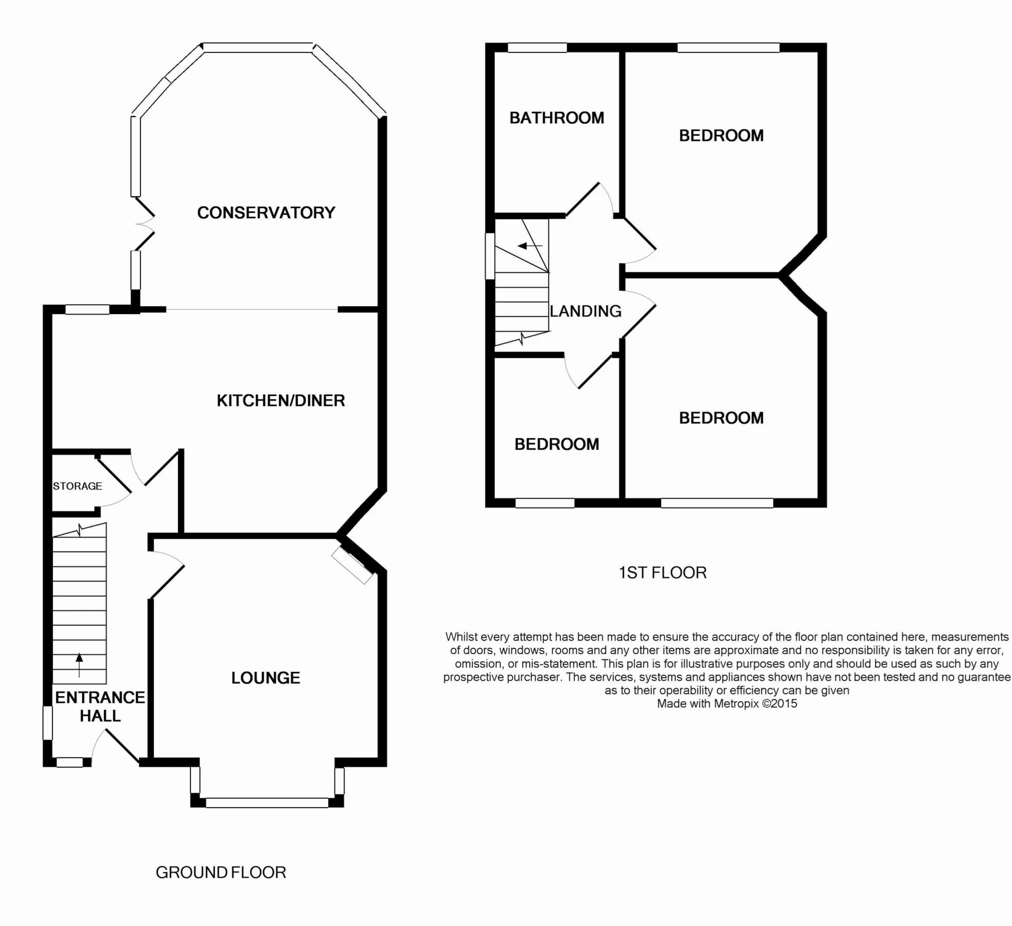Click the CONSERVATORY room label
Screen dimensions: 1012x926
[266, 213]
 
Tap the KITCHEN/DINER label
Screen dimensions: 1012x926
[280, 400]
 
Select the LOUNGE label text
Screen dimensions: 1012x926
[265, 678]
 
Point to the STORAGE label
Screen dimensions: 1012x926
[77, 486]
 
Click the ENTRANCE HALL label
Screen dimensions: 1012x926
[100, 706]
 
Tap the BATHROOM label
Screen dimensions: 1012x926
[557, 118]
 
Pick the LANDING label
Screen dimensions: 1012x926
[585, 312]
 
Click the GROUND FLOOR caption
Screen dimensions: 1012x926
[221, 873]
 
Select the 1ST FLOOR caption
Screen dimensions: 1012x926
[663, 572]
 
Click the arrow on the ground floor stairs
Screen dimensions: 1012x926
[79, 665]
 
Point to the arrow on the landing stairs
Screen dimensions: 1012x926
[531, 246]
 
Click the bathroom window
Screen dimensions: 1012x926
[537, 47]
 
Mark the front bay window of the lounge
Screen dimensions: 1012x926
[267, 802]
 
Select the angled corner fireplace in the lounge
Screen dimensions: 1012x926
[352, 565]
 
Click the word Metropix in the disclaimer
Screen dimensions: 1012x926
[737, 703]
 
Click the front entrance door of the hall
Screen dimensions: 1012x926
[116, 746]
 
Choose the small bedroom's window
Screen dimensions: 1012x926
[545, 503]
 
